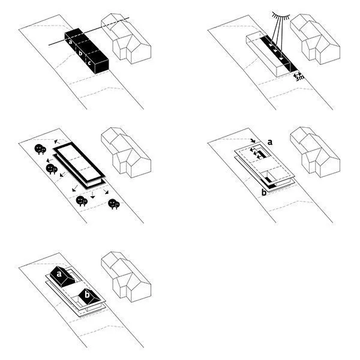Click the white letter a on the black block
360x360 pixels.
coord(70,42)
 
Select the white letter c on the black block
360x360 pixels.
coord(89,62)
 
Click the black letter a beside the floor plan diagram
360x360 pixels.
coord(271,142)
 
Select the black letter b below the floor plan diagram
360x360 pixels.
coord(263,193)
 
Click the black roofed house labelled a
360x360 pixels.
coord(61,275)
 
